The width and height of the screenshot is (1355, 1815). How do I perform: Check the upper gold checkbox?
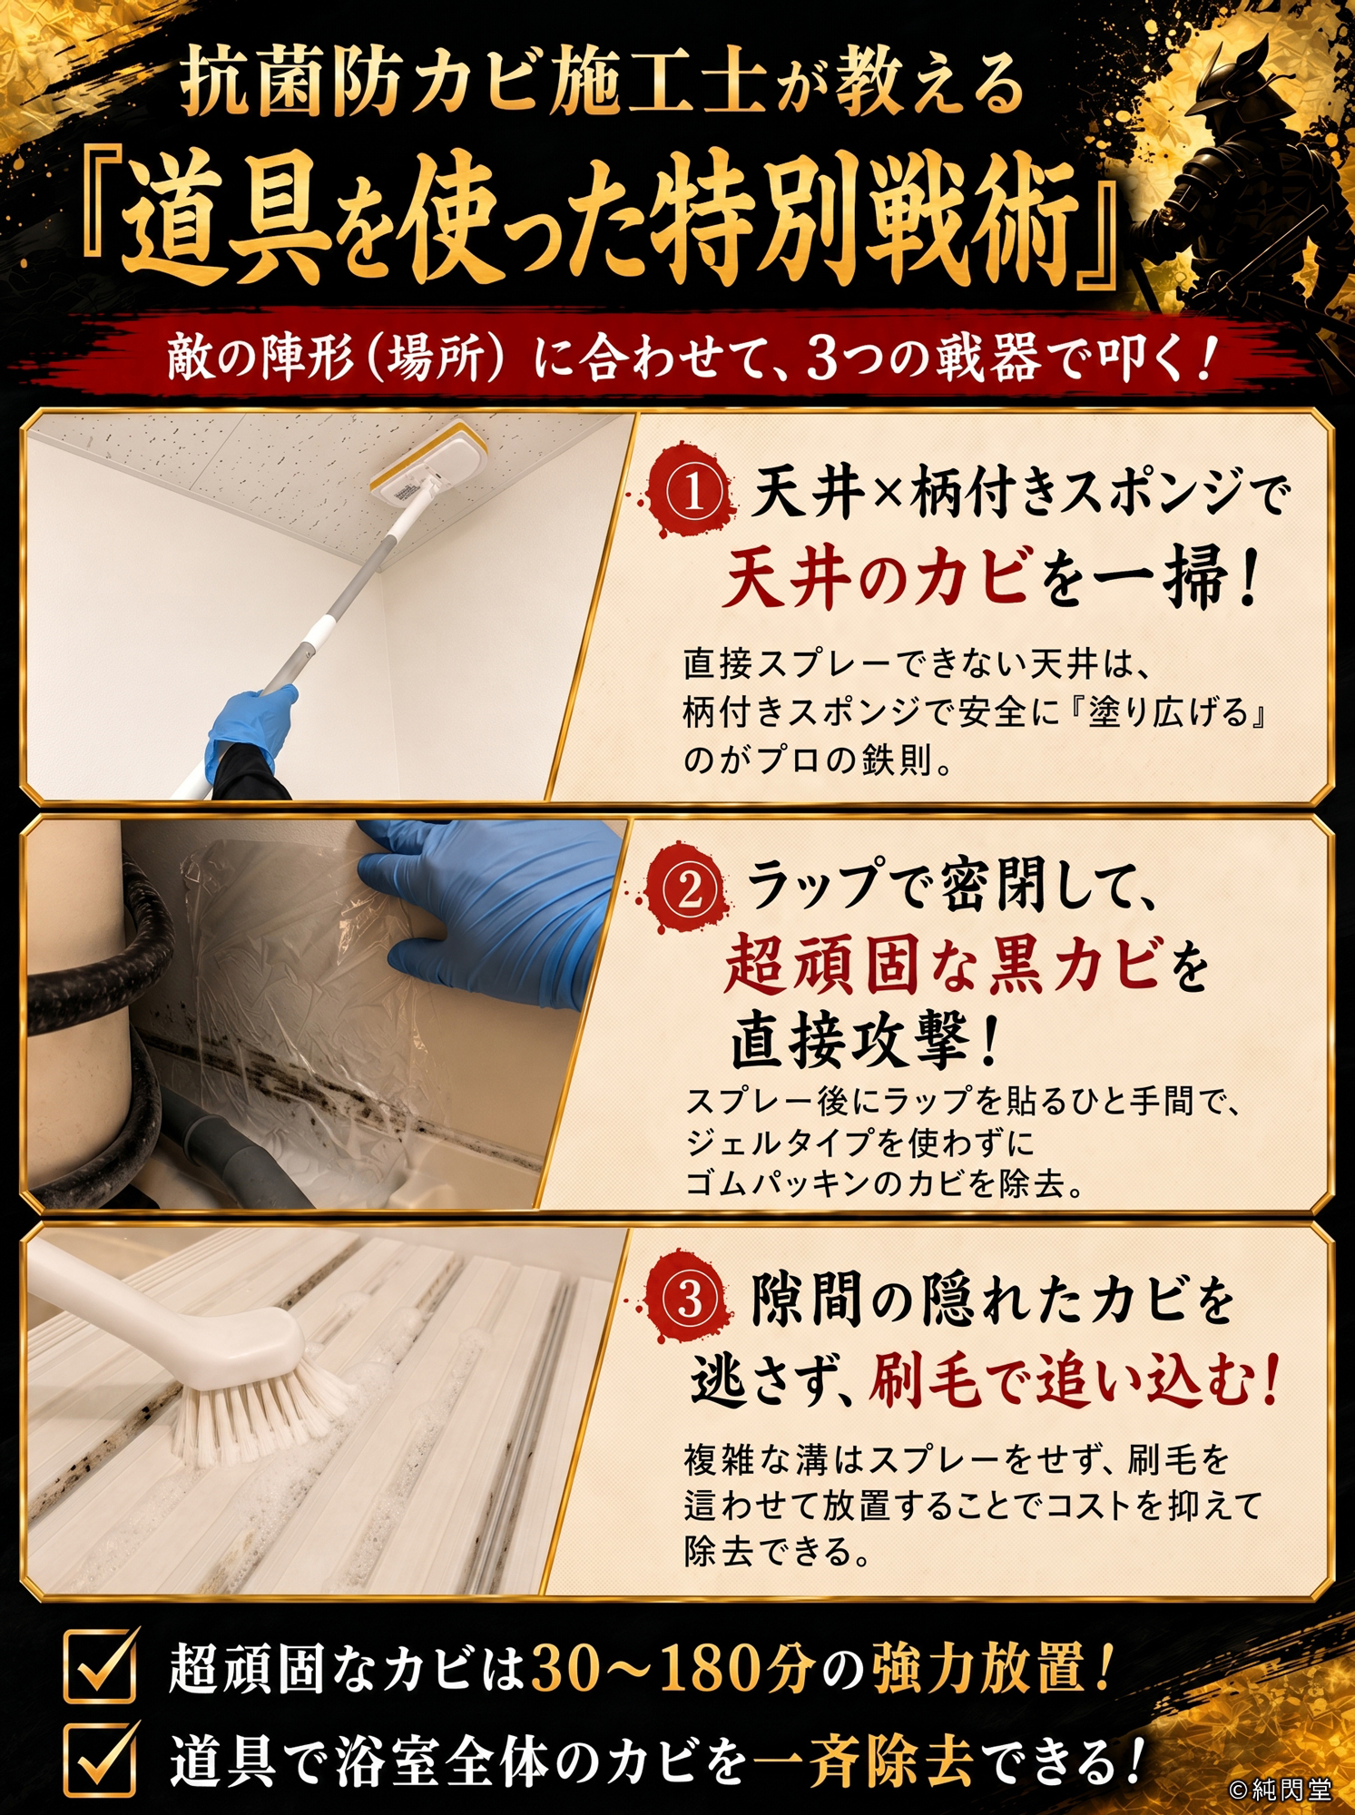coord(99,1664)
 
